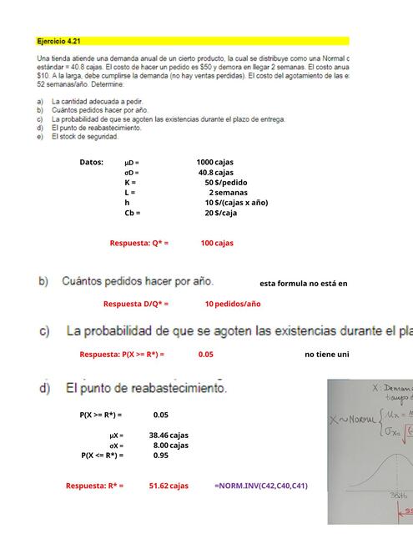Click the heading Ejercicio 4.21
tap(59, 41)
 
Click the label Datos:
tap(91, 162)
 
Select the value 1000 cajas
tap(215, 162)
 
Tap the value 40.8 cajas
tap(215, 173)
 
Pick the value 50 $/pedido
tap(225, 183)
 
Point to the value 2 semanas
tap(228, 193)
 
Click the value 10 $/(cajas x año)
tap(236, 203)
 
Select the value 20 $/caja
tap(221, 213)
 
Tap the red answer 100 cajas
tap(217, 244)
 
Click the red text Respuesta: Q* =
tap(139, 244)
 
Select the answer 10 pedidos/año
tap(233, 305)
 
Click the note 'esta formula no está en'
tap(304, 284)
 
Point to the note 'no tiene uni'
tap(326, 355)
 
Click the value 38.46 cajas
tap(169, 436)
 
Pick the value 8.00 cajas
tap(170, 446)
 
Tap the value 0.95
tap(161, 456)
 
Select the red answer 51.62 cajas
tap(169, 486)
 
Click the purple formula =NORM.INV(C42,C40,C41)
tap(260, 486)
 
